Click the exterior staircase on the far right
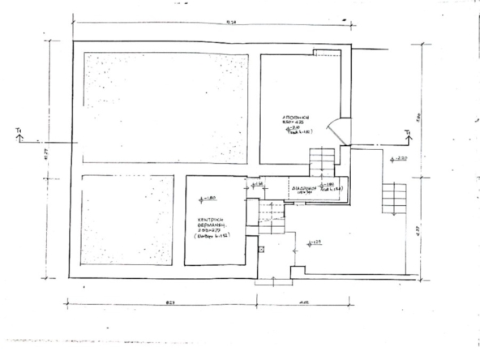pyautogui.click(x=396, y=199)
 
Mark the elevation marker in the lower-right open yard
pyautogui.click(x=315, y=241)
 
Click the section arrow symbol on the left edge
pyautogui.click(x=19, y=135)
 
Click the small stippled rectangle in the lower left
pyautogui.click(x=128, y=218)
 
